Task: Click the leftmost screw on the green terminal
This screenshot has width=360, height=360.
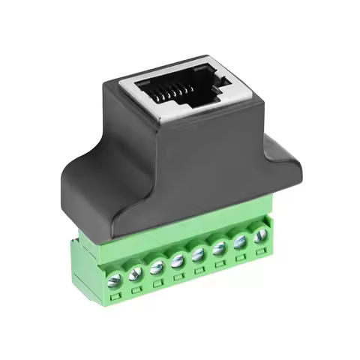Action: coord(115,280)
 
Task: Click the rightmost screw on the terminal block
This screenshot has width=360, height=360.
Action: coord(259,235)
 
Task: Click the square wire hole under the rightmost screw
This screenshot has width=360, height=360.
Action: coord(261,251)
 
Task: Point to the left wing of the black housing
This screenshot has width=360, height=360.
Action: coord(86,187)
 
